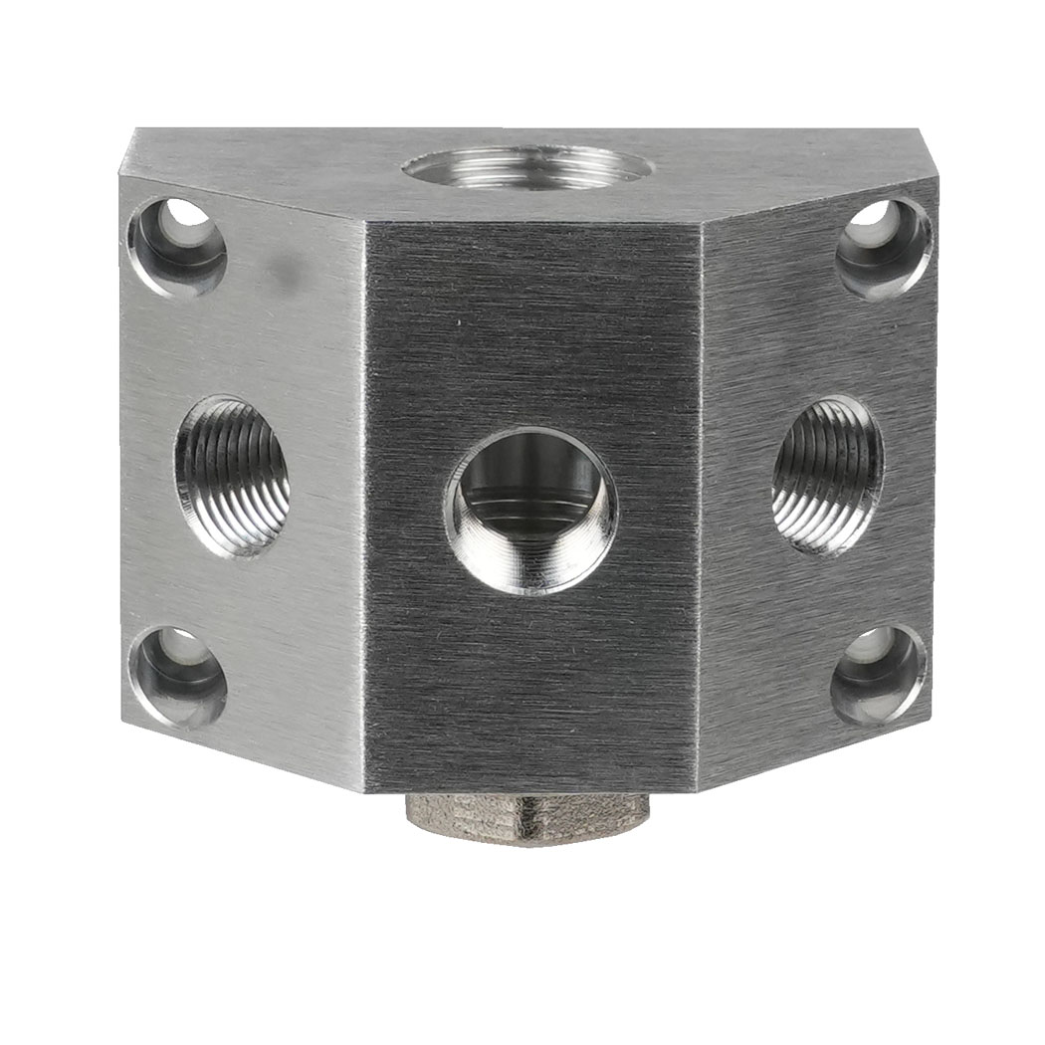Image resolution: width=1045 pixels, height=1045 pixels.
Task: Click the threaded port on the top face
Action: click(527, 167)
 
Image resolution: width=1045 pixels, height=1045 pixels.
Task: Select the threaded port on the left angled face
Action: click(233, 476)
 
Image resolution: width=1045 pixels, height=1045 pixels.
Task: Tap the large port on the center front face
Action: click(530, 511)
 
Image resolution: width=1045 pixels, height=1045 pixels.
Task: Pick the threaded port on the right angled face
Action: click(828, 475)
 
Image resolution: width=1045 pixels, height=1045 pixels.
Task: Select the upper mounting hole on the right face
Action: click(884, 248)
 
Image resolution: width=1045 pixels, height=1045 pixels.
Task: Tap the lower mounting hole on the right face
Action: click(878, 674)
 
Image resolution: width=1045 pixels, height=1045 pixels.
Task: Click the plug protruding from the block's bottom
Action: click(527, 818)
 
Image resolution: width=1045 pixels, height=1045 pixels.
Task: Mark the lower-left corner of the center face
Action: click(365, 792)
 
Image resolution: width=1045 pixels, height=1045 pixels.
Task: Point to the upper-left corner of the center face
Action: click(365, 221)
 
